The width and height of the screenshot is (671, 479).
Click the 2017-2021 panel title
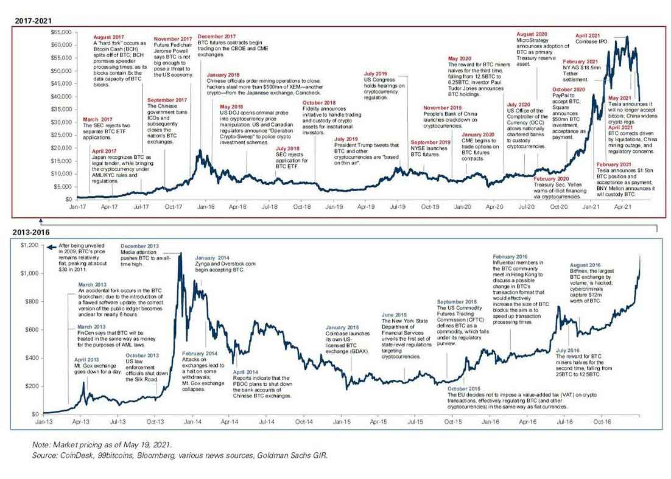coord(33,21)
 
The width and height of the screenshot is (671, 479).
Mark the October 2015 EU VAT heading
coord(465,388)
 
